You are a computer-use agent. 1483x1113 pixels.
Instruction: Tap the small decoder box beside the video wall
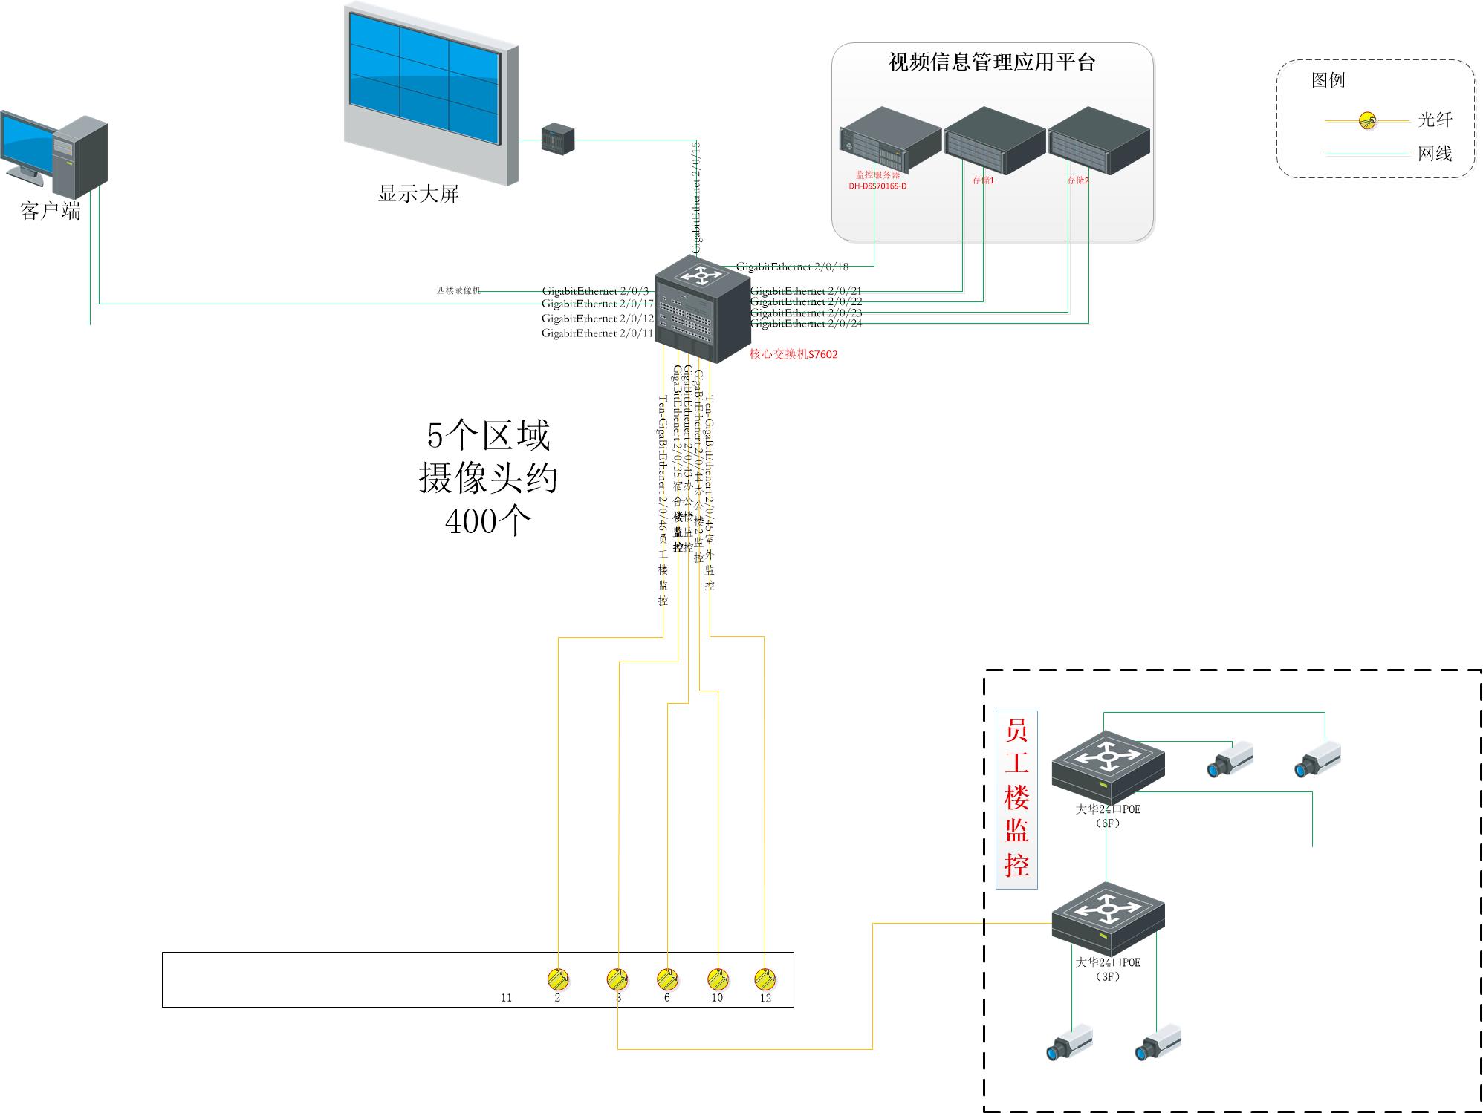[x=558, y=139]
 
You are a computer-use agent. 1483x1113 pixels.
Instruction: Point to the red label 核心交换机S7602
[x=794, y=355]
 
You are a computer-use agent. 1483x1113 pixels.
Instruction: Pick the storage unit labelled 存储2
[x=1099, y=139]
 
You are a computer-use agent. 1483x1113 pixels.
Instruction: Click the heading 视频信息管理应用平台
[x=992, y=62]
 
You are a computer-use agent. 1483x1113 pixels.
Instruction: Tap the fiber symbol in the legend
[x=1367, y=120]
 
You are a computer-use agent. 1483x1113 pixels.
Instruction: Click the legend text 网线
[x=1435, y=154]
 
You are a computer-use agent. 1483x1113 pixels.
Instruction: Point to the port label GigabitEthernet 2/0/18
[x=792, y=267]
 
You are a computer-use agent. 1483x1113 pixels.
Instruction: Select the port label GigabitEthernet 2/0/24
[x=806, y=324]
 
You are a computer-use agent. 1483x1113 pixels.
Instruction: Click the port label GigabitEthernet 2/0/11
[x=597, y=333]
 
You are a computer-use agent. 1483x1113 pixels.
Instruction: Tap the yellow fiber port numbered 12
[x=765, y=979]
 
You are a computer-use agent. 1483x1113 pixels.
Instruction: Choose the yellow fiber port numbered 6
[x=667, y=979]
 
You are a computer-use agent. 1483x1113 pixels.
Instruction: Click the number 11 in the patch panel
[x=506, y=998]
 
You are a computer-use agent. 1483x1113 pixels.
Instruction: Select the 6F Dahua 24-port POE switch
[x=1108, y=768]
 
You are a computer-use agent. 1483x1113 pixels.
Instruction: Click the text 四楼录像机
[x=458, y=290]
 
